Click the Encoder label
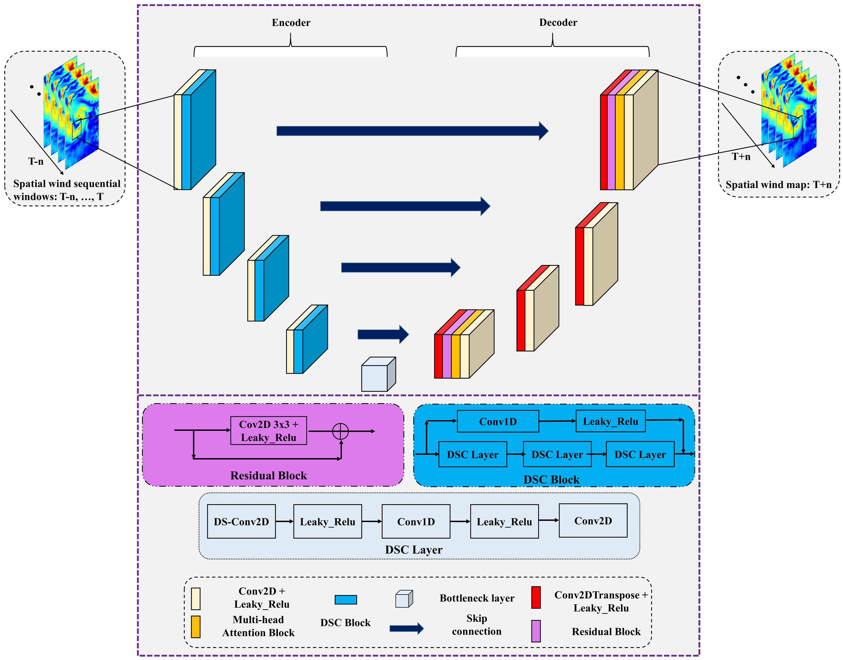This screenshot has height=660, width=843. [291, 23]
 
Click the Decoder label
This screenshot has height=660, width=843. [558, 23]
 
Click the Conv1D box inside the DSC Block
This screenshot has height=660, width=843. [497, 422]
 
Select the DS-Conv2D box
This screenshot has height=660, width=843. [241, 522]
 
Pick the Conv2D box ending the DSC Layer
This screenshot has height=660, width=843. [592, 521]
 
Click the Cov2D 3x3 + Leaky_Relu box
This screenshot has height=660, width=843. [269, 431]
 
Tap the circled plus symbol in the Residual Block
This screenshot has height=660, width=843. [341, 431]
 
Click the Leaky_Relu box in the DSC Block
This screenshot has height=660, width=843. [610, 421]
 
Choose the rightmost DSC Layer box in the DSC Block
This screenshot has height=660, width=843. [640, 454]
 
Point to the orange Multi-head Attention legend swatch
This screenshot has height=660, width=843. [196, 626]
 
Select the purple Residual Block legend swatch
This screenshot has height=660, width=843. [536, 631]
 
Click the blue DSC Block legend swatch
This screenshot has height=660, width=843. [346, 600]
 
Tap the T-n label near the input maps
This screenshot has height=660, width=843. [35, 161]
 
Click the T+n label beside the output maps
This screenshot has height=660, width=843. [741, 156]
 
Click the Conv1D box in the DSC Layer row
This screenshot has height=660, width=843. [416, 522]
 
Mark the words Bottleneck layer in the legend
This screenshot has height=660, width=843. [476, 598]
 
